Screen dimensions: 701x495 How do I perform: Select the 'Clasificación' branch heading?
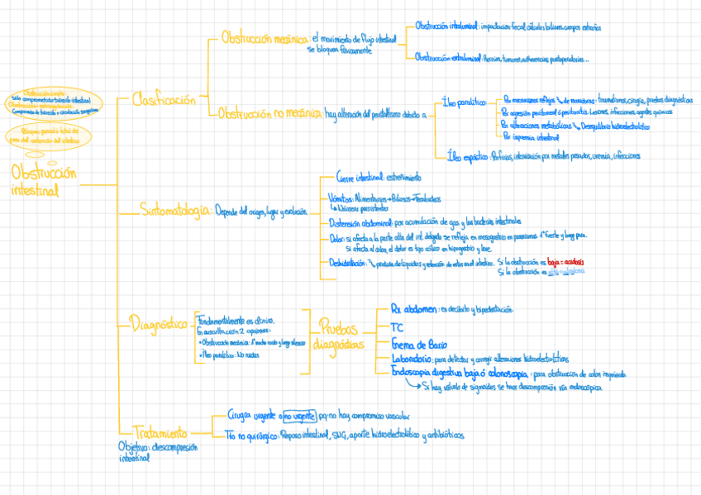(x=165, y=100)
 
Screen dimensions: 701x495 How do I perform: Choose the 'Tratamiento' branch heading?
(x=160, y=432)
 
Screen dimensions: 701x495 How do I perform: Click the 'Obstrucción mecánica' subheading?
(x=265, y=38)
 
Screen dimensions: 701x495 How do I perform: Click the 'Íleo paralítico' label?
(x=465, y=102)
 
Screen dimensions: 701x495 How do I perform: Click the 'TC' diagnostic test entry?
(x=397, y=326)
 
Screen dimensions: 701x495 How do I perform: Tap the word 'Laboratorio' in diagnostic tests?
(x=411, y=359)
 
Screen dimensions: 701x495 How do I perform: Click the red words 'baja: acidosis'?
(x=565, y=261)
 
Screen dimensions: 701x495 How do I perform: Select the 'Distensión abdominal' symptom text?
(x=360, y=221)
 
